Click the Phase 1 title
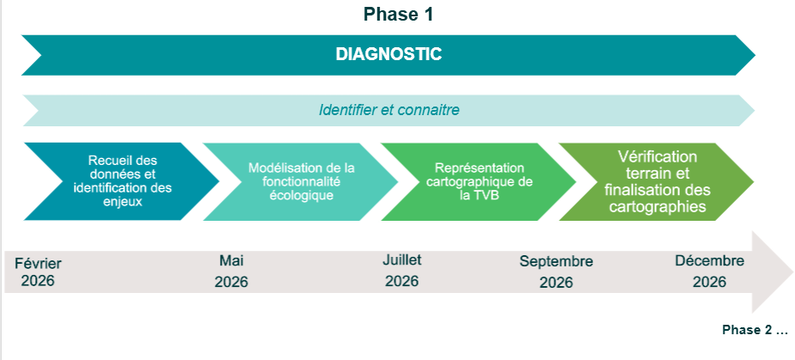tap(398, 15)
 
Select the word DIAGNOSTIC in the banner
tap(388, 54)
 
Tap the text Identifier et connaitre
tap(388, 110)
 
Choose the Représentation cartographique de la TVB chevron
tap(479, 181)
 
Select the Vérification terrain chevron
tap(657, 181)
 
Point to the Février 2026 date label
tap(38, 272)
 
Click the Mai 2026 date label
tap(231, 272)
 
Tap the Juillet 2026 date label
tap(401, 271)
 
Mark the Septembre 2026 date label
tap(556, 272)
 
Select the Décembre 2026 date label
tap(709, 272)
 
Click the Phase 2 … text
tap(755, 330)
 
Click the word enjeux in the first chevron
tap(122, 202)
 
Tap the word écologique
tap(301, 195)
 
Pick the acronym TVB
tap(486, 195)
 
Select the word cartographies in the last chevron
tap(657, 207)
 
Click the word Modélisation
tap(278, 168)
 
